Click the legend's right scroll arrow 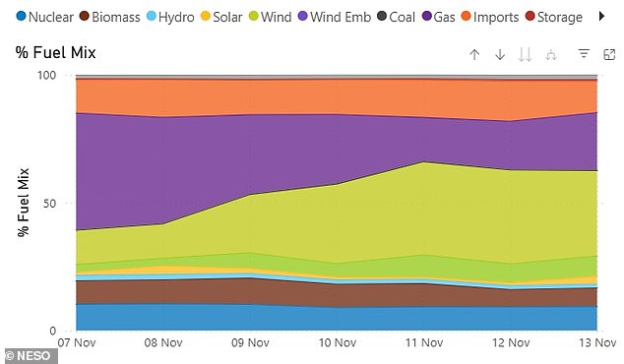(603, 18)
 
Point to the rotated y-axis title (24, 202)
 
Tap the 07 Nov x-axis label (76, 342)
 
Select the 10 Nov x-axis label (336, 342)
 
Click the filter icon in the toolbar (583, 54)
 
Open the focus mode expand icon (607, 54)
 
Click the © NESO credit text (30, 355)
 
